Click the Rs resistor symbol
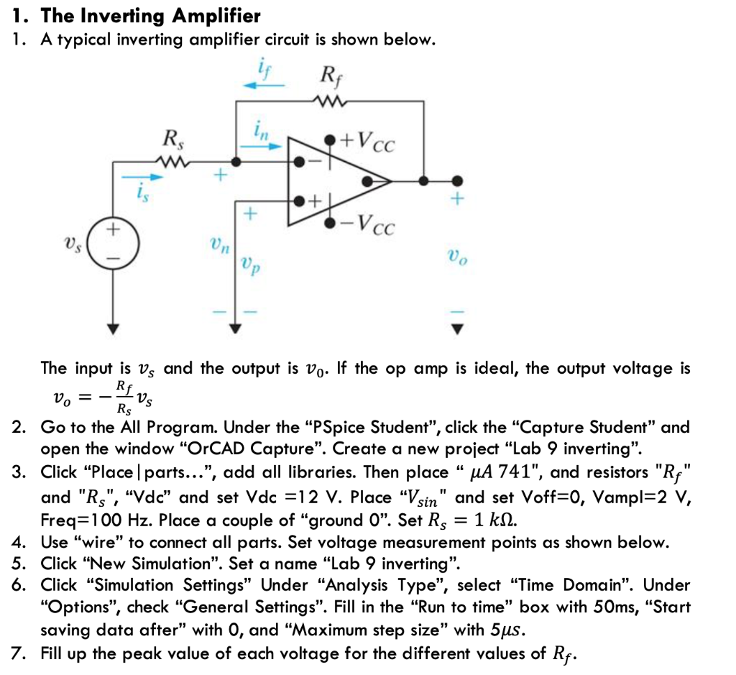pos(173,162)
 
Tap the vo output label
pos(456,255)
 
